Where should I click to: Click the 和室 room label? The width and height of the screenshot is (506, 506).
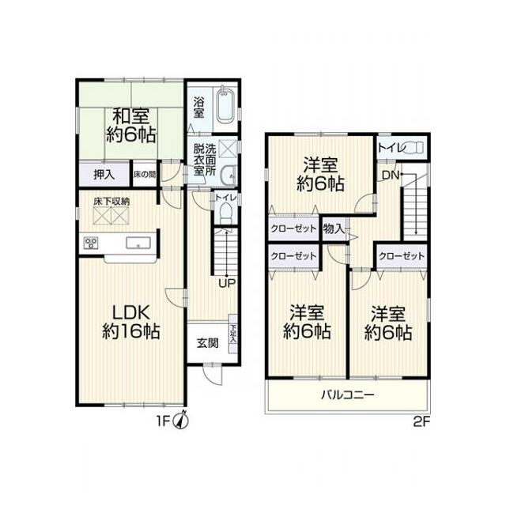(x=132, y=117)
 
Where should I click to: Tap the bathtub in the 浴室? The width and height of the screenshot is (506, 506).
(x=225, y=107)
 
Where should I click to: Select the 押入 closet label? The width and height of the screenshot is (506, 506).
(x=104, y=175)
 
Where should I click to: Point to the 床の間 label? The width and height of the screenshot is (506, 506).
(x=145, y=175)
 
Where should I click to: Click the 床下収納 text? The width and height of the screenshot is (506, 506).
(x=111, y=202)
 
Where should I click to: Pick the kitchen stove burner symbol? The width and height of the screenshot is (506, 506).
(x=91, y=243)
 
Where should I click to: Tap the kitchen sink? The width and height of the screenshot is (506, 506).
(x=138, y=243)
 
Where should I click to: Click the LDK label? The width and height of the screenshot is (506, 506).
(x=130, y=313)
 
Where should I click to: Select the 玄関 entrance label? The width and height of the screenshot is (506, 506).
(x=207, y=343)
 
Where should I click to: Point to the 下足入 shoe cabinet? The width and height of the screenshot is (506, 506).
(x=232, y=334)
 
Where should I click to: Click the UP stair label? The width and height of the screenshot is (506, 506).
(x=228, y=283)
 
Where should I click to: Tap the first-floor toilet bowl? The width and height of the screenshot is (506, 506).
(x=225, y=213)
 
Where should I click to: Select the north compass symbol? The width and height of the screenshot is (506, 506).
(x=181, y=420)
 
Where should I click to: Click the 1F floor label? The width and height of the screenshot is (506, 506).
(x=163, y=421)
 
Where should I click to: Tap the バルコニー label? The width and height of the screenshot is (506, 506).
(x=348, y=395)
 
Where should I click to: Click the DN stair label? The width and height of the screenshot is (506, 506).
(x=391, y=176)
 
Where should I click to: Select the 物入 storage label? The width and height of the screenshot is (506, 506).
(x=334, y=228)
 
